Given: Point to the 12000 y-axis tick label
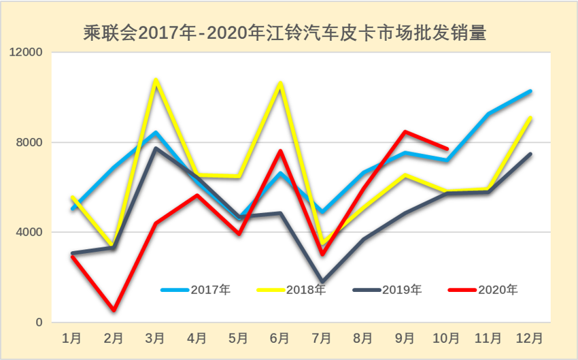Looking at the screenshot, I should [x=24, y=52].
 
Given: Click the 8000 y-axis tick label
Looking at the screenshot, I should [x=29, y=142].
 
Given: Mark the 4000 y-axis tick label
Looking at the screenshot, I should [x=29, y=232].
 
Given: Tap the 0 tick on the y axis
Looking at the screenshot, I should [x=38, y=322].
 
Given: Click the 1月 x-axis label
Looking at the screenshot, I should [x=72, y=338].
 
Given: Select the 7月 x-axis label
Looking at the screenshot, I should [x=322, y=338].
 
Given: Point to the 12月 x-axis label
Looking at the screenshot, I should [x=530, y=338].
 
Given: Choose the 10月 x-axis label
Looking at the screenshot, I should [x=447, y=338].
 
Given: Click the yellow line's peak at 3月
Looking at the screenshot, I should [x=156, y=80].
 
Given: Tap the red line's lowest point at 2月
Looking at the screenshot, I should [x=114, y=310].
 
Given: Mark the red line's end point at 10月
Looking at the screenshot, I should [x=447, y=148].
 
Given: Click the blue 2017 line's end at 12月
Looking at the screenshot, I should [x=530, y=91].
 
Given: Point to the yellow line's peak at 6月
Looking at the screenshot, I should [x=280, y=84].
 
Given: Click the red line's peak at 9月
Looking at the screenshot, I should [x=405, y=131].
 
